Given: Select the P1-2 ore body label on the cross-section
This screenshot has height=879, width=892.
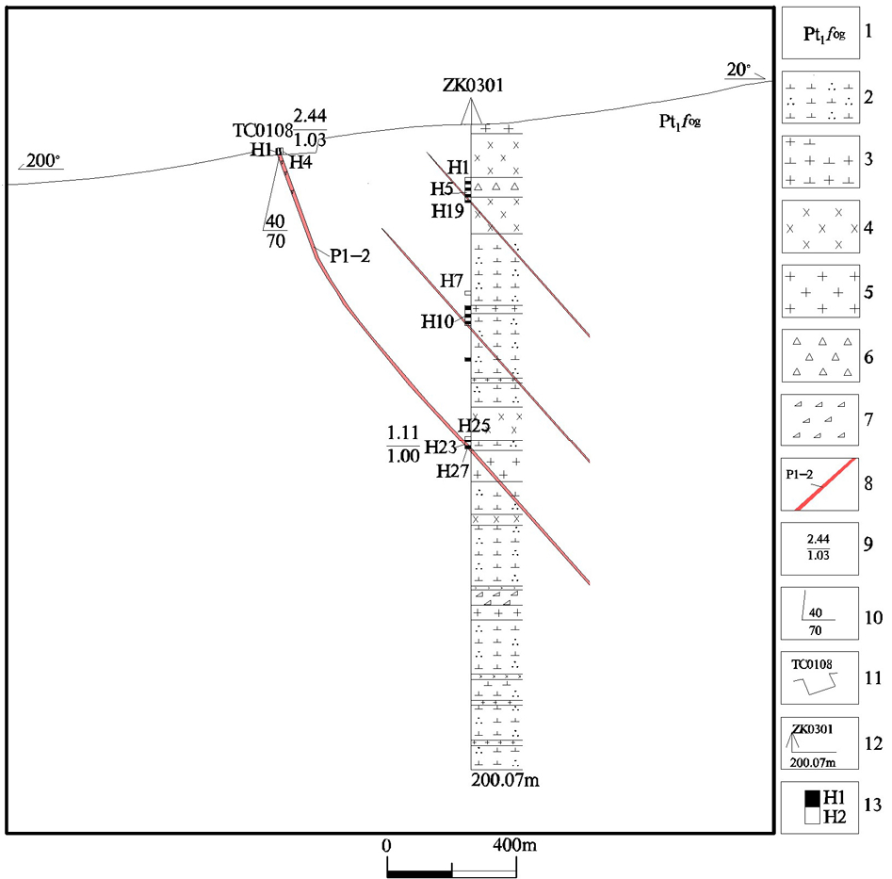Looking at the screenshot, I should [x=349, y=254].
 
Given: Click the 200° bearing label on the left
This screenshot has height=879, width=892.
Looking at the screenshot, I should [x=42, y=161].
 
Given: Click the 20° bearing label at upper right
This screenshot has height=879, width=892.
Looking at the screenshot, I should [x=738, y=69].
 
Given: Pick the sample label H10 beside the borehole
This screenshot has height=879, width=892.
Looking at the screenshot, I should [x=438, y=322].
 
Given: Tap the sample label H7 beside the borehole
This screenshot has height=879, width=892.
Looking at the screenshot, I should [x=452, y=281].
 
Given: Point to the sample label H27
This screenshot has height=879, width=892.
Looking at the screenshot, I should [x=453, y=471].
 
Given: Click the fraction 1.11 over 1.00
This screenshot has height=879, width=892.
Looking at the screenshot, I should [x=403, y=443].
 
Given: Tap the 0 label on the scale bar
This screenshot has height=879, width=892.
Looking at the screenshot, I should [x=386, y=846].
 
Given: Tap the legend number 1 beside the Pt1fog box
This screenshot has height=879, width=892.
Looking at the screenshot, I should [x=870, y=33].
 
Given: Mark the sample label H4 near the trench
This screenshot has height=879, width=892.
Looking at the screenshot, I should [x=300, y=162].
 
